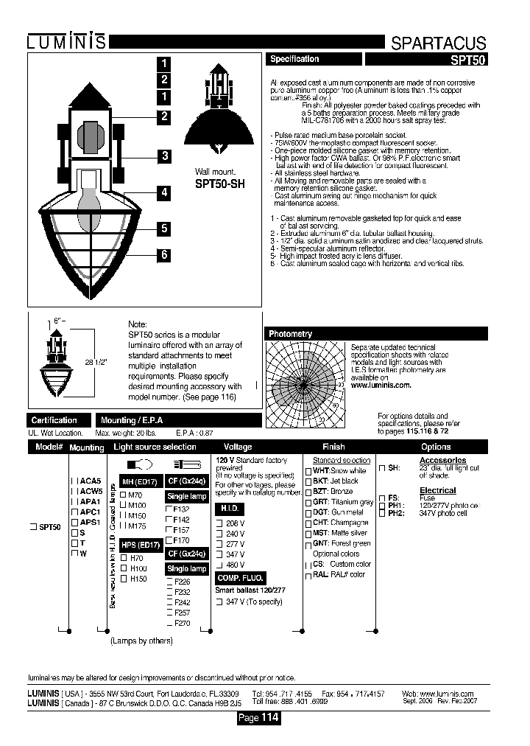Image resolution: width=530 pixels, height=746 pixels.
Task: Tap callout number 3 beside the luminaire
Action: point(165,156)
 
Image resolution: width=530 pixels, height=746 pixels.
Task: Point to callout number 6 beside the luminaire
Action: point(165,255)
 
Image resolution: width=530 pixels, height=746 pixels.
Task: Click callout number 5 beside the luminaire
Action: point(165,228)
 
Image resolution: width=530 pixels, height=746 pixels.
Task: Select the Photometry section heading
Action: point(291,334)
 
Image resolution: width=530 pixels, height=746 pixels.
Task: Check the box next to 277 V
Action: point(219,544)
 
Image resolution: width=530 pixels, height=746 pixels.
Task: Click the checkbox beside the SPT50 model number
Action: point(32,526)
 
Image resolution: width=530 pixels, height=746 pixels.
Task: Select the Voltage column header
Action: point(238,447)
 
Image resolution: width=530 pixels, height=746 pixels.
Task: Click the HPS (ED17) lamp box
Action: point(140,545)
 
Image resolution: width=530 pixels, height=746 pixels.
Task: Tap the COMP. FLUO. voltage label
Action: point(240,579)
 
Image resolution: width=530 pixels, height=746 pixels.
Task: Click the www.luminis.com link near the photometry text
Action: point(381,385)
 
